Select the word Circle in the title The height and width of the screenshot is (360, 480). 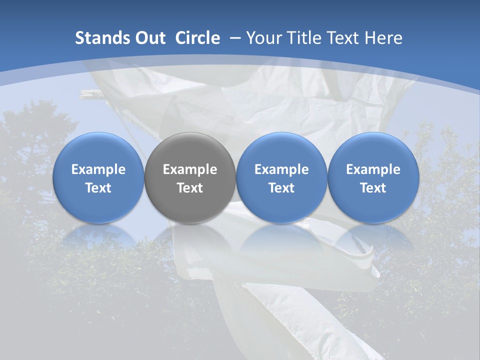click(x=197, y=38)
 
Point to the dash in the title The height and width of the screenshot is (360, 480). click(x=235, y=38)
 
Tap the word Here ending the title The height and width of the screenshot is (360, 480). click(x=383, y=38)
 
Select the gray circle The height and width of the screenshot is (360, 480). click(x=190, y=177)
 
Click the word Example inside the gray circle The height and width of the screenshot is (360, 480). click(x=190, y=169)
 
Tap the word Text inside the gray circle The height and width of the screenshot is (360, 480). click(x=190, y=188)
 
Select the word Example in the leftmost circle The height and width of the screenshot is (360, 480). click(x=98, y=169)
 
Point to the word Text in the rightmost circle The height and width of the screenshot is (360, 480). click(x=373, y=188)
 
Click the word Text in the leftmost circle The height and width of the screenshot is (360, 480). click(x=98, y=188)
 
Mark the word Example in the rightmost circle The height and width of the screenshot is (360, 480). click(x=373, y=169)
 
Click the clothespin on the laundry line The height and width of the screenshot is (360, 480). click(x=95, y=93)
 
